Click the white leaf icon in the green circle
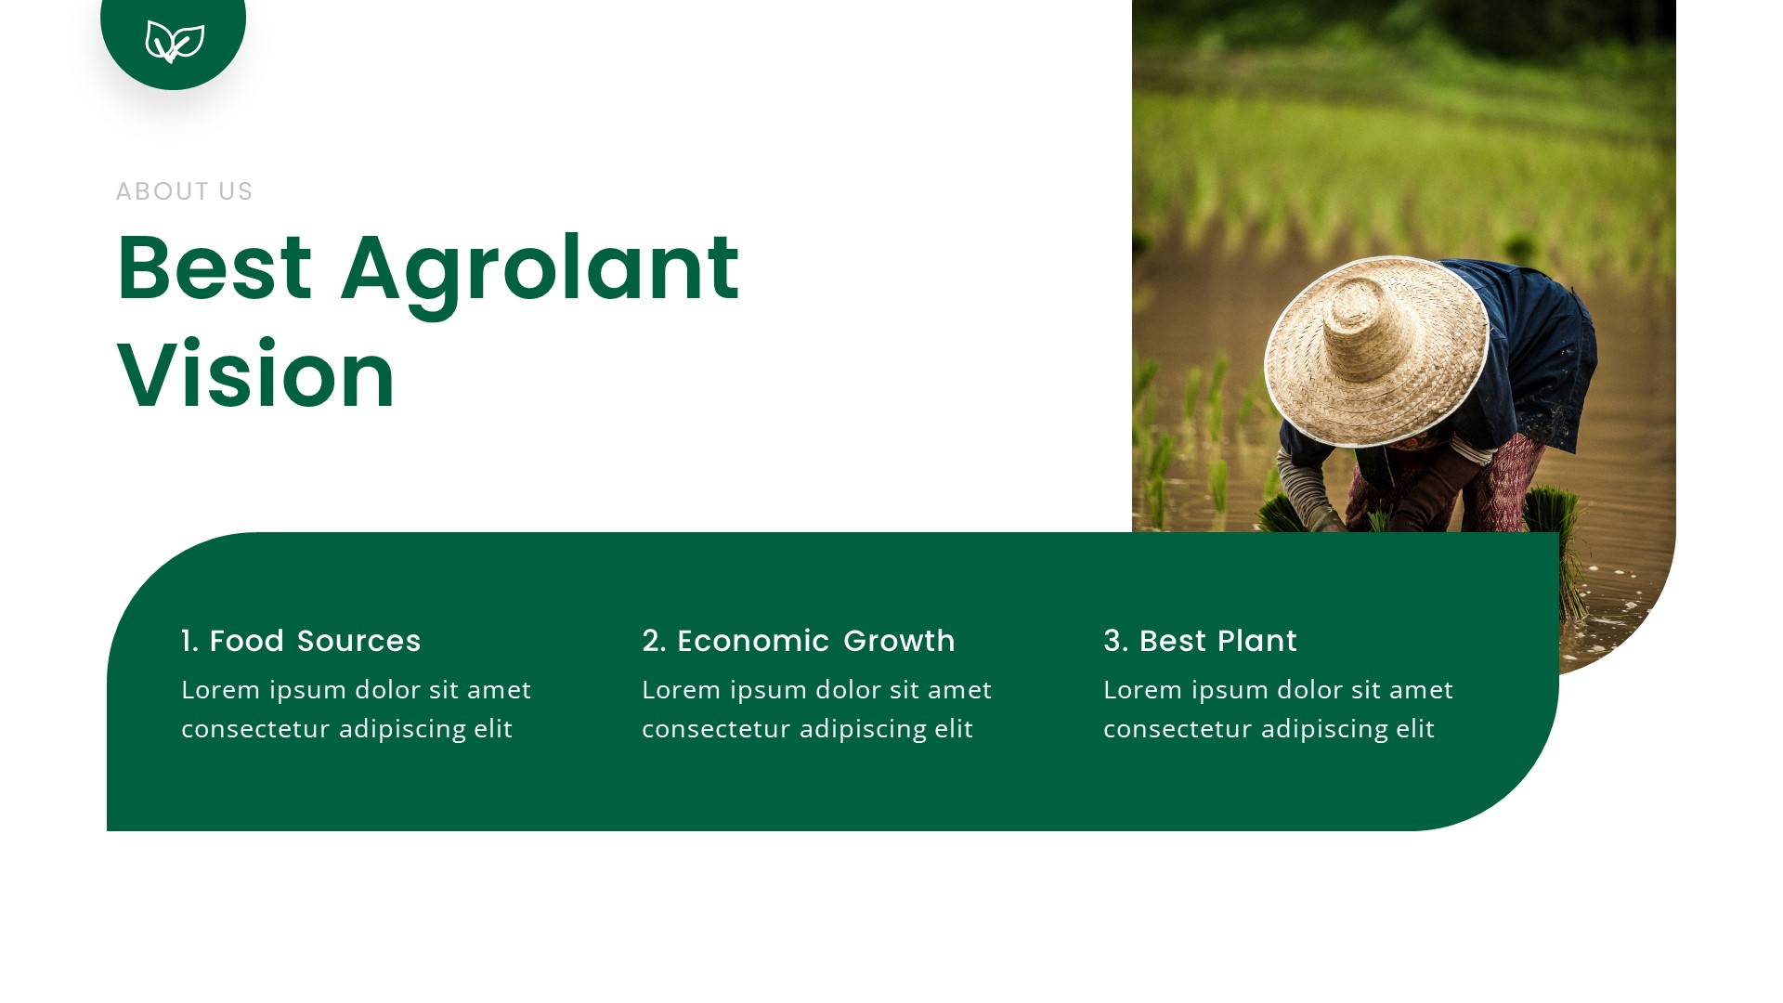point(175,42)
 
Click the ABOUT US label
point(184,191)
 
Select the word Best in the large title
point(215,269)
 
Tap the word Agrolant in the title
point(540,269)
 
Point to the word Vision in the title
point(256,376)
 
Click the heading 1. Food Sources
point(301,641)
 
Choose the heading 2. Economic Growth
point(798,641)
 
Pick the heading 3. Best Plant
point(1200,641)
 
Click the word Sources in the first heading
point(358,641)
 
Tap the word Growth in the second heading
point(899,641)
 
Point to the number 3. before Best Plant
point(1115,641)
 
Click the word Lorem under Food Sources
point(221,690)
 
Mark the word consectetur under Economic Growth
point(716,729)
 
